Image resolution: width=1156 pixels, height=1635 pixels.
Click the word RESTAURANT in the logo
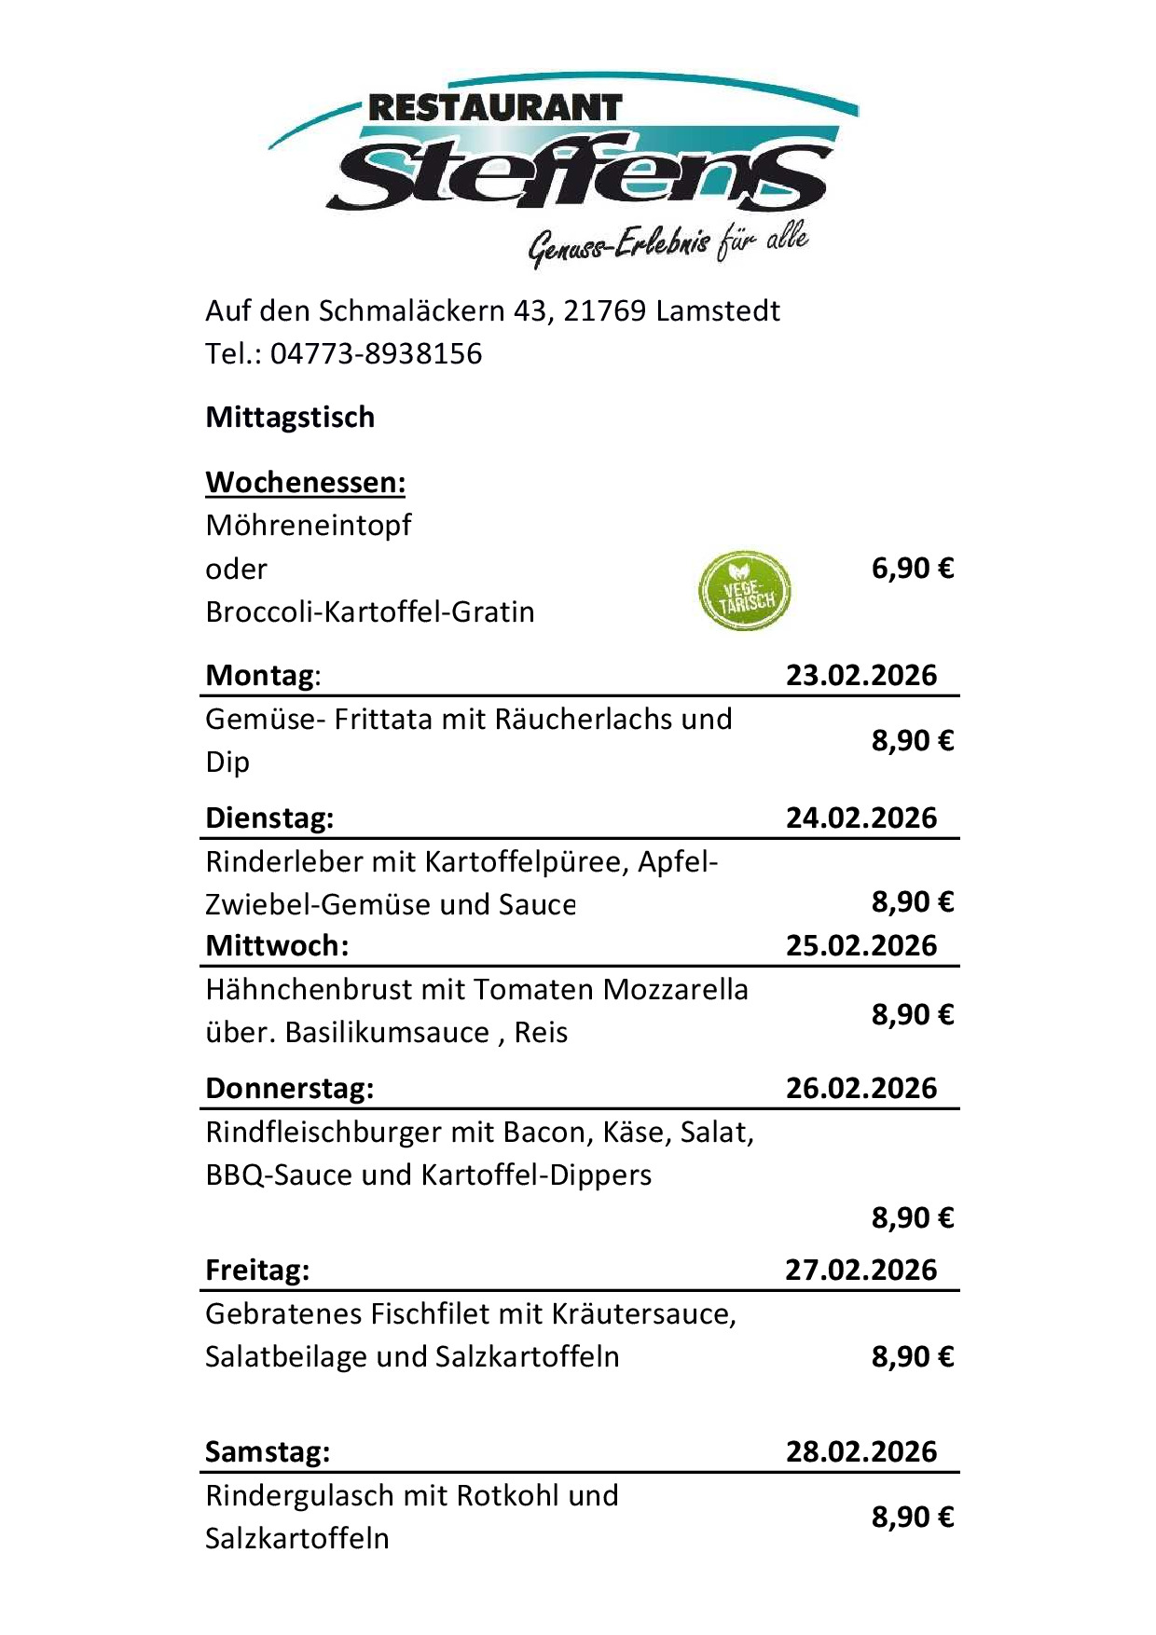coord(494,108)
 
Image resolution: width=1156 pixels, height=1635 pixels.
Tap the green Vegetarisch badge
coord(744,590)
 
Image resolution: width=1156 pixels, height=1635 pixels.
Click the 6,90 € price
coord(912,568)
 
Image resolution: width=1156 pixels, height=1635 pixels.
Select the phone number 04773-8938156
coord(376,354)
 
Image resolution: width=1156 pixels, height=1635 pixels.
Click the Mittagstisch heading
coord(290,417)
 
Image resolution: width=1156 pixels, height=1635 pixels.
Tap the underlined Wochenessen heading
coord(305,482)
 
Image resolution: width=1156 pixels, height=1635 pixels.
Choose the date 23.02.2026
coord(860,675)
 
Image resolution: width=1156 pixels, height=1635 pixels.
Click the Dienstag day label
coord(268,817)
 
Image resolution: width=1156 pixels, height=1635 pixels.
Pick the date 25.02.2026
coord(860,945)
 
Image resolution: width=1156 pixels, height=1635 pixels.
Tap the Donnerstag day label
coord(289,1088)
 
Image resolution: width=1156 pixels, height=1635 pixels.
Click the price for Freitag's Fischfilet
coord(912,1356)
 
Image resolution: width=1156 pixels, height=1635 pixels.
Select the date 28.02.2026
coord(860,1451)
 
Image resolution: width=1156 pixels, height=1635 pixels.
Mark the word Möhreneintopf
coord(308,525)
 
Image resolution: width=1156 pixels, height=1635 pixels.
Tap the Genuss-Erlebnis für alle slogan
coord(667,245)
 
